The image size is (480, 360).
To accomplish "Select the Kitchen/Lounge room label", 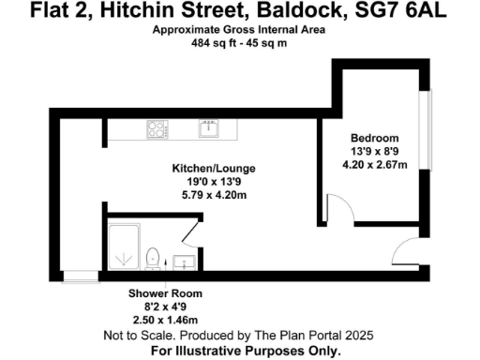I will click(x=213, y=169).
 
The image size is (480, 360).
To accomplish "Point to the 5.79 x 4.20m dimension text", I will click(x=213, y=195).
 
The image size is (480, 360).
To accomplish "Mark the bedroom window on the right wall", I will click(x=428, y=131).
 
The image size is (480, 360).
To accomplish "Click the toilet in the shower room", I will click(x=153, y=255).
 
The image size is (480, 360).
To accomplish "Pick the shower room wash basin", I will click(x=186, y=261).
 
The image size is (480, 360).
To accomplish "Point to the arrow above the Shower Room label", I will click(x=165, y=280).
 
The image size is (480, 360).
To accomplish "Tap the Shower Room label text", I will click(x=165, y=293).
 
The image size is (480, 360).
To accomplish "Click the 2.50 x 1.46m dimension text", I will click(x=165, y=319).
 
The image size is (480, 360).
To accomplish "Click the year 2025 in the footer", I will click(x=359, y=335).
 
